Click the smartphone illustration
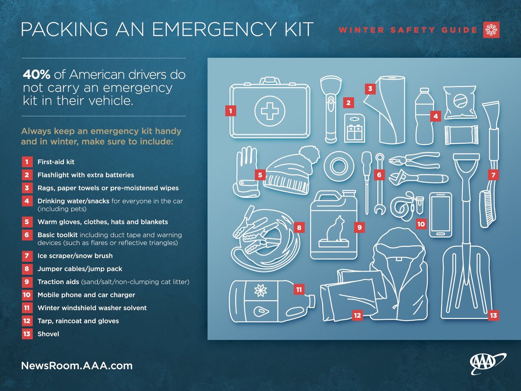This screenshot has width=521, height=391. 440,215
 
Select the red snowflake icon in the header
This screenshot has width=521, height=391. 491,30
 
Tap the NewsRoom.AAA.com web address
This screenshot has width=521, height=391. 77,365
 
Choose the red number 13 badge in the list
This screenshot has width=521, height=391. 27,334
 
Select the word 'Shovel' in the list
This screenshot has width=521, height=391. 48,334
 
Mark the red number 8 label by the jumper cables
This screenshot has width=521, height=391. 299,227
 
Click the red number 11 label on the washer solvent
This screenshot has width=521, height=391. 299,289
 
